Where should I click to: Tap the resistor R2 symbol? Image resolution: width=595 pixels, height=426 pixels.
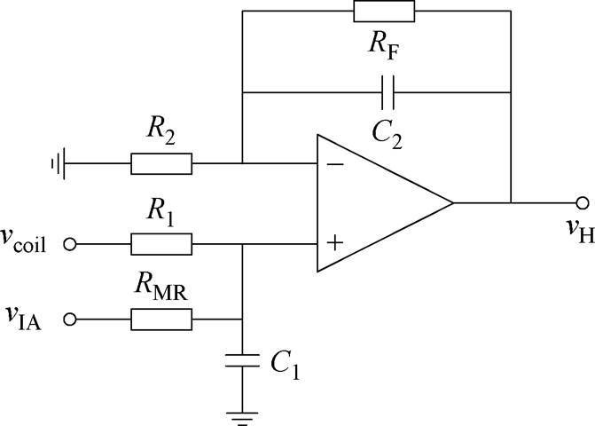(160, 164)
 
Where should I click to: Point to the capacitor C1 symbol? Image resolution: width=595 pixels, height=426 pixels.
(242, 361)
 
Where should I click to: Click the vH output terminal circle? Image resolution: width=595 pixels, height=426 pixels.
(582, 203)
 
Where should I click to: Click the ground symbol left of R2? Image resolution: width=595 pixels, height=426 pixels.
(57, 164)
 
